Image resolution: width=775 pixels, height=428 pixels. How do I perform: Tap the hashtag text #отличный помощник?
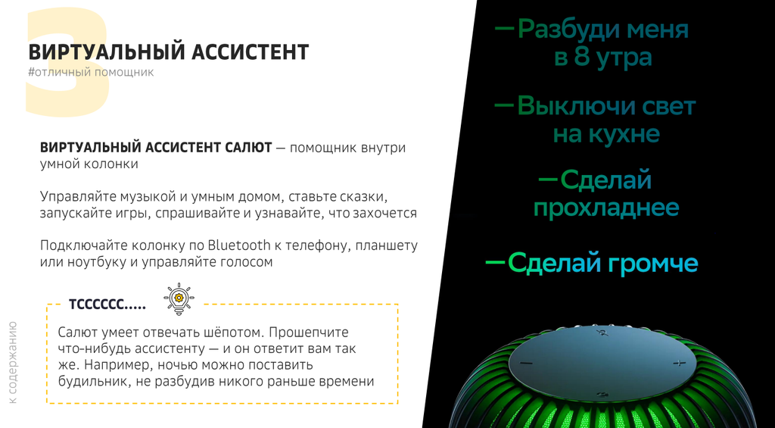coord(91,72)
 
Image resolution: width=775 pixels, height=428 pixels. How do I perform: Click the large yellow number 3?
coord(67,63)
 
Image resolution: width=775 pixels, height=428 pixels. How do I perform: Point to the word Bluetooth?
coord(239,245)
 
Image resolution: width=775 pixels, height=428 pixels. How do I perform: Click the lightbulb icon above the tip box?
coord(179,299)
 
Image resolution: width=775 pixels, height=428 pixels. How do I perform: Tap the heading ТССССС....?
coord(107,305)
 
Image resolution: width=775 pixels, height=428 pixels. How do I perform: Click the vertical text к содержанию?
coord(12,361)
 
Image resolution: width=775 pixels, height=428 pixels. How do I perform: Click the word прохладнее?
coord(606,208)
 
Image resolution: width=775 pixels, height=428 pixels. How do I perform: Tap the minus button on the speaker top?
coord(526,364)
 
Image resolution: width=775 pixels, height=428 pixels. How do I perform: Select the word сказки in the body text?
coord(362,196)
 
